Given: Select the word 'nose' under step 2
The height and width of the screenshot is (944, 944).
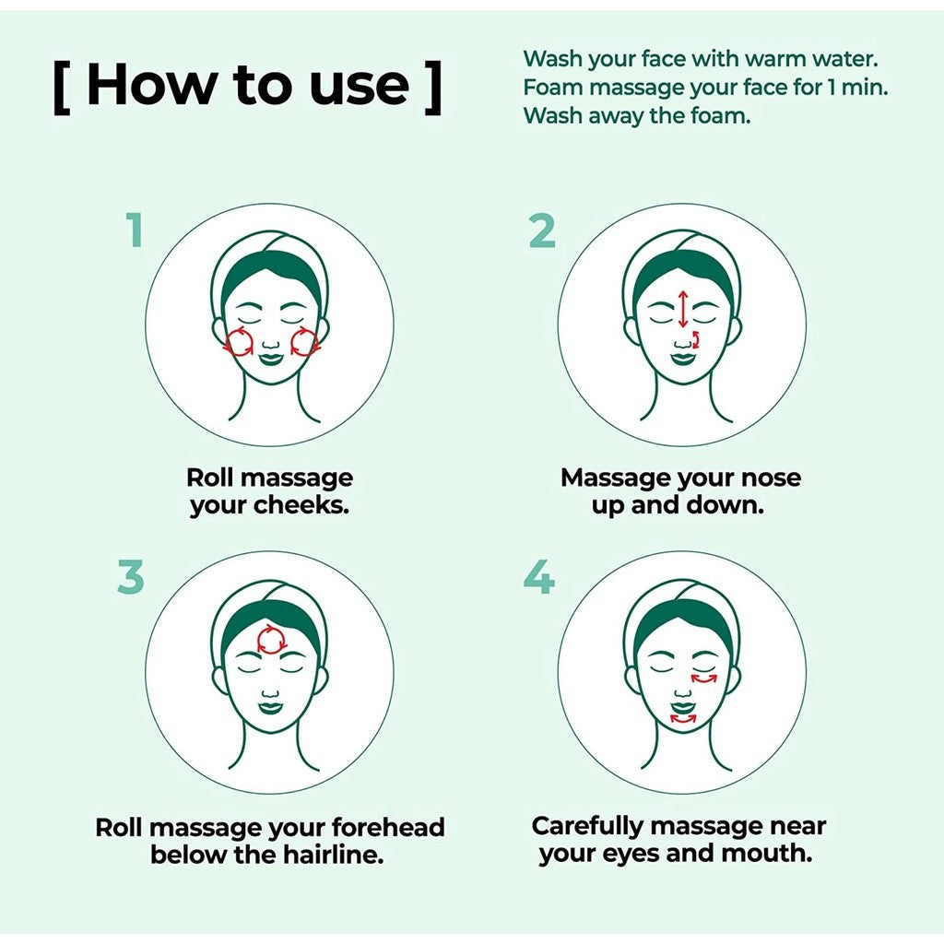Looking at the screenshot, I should (x=773, y=478).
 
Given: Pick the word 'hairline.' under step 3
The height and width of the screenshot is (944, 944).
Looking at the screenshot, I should (x=337, y=854).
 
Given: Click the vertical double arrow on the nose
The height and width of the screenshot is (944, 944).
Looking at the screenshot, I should (x=682, y=309).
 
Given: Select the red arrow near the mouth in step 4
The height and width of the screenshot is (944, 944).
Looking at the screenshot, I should (x=683, y=717).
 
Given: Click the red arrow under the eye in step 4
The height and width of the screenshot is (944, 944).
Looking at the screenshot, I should (x=704, y=679).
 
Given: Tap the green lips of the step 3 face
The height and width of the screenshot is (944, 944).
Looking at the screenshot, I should (x=270, y=708).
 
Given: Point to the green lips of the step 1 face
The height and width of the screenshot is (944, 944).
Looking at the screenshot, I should (x=270, y=358).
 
